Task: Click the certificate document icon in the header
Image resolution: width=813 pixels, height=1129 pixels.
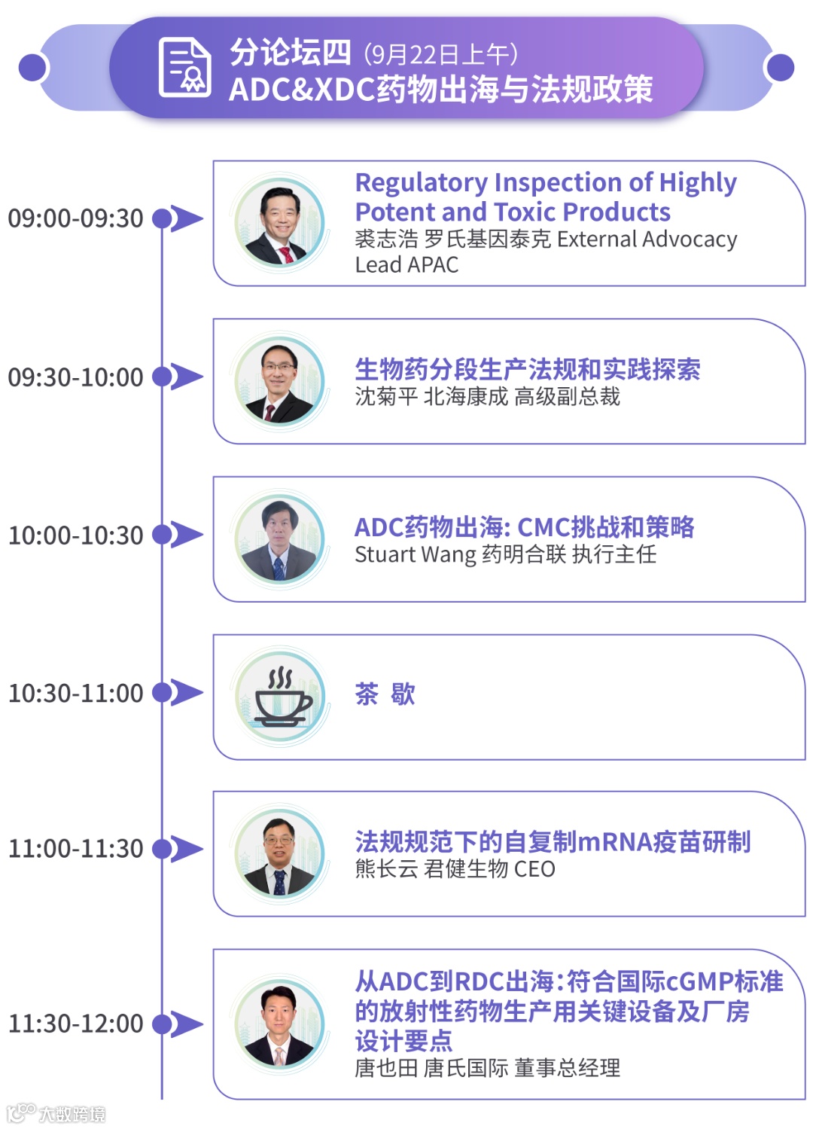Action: tap(184, 67)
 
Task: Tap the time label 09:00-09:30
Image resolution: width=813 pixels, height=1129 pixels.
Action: tap(75, 218)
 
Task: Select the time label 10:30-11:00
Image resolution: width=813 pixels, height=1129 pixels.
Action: tap(75, 693)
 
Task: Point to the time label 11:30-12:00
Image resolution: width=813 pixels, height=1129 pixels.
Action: tap(75, 1024)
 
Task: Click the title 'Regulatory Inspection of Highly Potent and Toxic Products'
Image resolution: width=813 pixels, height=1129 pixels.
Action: tap(546, 197)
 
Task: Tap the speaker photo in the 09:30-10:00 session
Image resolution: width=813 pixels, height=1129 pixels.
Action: tap(280, 381)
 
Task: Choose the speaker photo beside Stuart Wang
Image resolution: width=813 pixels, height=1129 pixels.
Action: tap(280, 539)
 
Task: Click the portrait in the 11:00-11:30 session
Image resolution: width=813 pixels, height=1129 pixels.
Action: tap(280, 854)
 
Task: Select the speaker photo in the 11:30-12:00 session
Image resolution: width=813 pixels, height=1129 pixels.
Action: tap(280, 1024)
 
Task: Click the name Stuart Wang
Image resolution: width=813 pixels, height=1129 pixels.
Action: tap(416, 555)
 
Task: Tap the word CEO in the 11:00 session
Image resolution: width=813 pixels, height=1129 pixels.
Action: tap(534, 869)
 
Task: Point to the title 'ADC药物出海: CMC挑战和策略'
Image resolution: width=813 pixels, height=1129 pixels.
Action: tap(524, 527)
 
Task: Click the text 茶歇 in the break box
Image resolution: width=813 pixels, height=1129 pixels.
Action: tap(385, 694)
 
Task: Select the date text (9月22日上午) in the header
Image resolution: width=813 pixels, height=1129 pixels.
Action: tap(440, 54)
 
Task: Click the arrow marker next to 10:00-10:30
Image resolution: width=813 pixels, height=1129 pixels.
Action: tap(185, 535)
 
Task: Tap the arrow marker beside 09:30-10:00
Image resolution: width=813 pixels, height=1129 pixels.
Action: tap(185, 377)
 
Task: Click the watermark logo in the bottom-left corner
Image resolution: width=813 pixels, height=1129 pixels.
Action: tap(56, 1113)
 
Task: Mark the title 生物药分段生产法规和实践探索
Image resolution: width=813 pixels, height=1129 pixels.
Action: tap(527, 369)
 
